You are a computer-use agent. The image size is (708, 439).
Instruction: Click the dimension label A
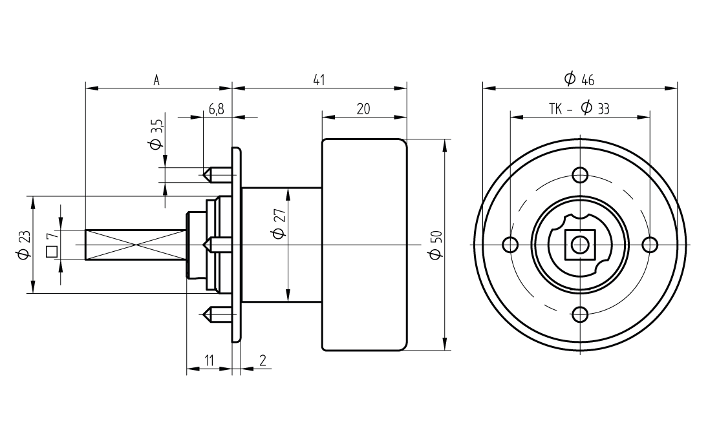tap(156, 80)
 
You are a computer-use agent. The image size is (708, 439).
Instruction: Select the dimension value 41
tap(318, 80)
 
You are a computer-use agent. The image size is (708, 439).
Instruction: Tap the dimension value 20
tap(363, 109)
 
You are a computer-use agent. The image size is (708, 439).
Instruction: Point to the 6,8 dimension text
tap(216, 109)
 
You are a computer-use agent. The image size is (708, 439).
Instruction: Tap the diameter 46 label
tap(579, 79)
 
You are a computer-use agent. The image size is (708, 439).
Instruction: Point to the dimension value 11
tap(209, 361)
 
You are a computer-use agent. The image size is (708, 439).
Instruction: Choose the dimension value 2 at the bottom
tap(262, 361)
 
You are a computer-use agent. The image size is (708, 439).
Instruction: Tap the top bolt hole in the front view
tap(580, 175)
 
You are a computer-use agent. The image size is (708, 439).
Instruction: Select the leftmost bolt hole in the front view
tap(511, 245)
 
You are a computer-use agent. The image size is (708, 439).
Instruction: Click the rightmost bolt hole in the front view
tap(650, 245)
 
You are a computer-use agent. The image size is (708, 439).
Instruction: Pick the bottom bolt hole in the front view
tap(580, 314)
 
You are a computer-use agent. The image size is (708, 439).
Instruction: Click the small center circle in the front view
tap(580, 245)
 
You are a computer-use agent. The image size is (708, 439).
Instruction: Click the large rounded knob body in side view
tap(365, 245)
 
